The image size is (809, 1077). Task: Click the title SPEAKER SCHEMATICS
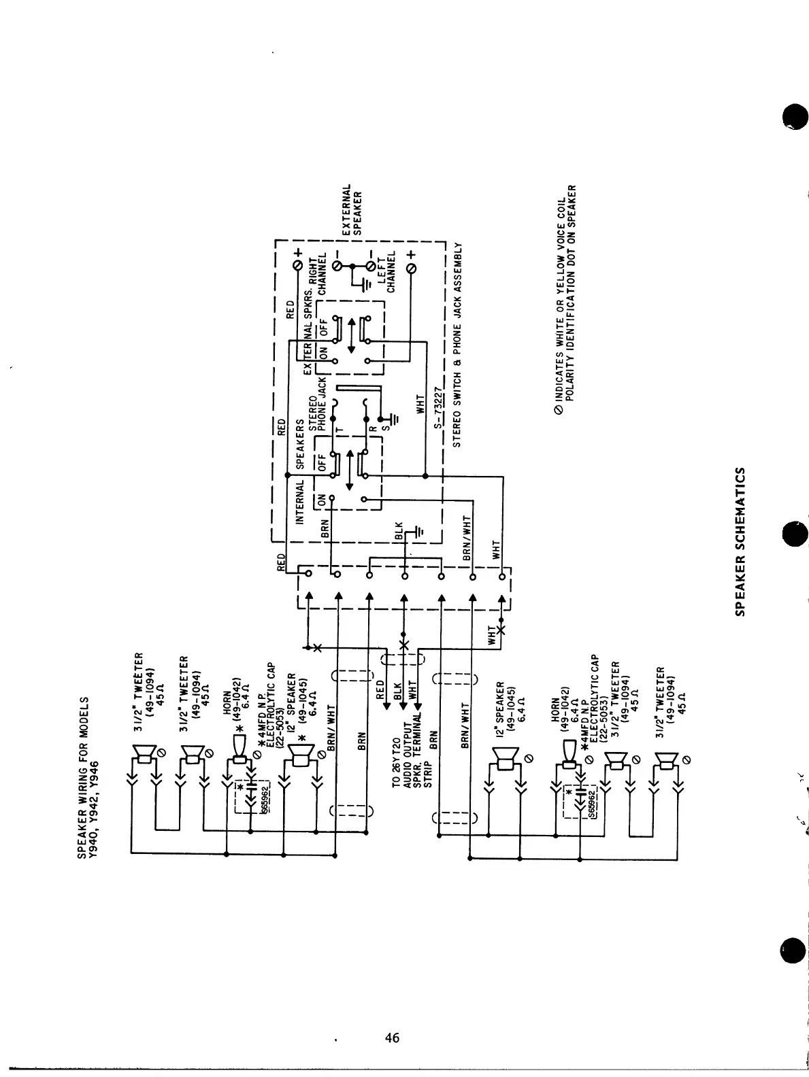pyautogui.click(x=743, y=541)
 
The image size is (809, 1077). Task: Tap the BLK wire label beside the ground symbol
pyautogui.click(x=399, y=532)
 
